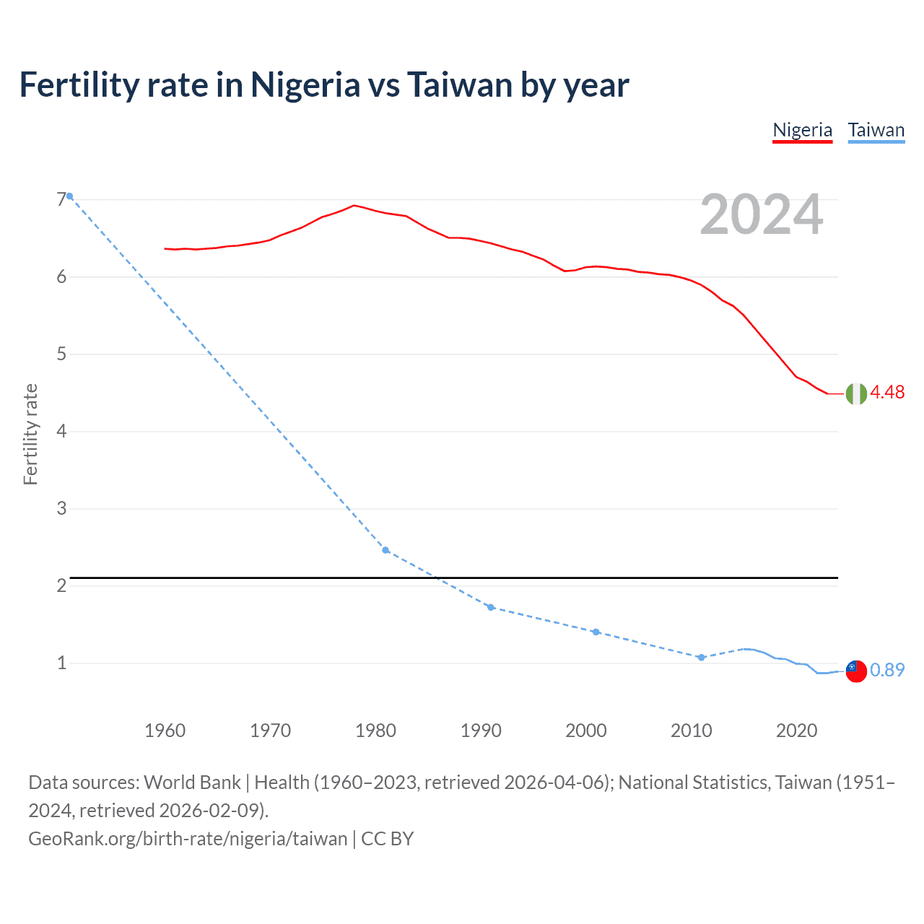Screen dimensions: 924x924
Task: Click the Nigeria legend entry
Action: coord(802,130)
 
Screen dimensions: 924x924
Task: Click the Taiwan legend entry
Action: coord(876,130)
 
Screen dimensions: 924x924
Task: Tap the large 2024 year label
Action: coord(761,214)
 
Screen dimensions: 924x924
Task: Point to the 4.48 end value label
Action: coord(887,392)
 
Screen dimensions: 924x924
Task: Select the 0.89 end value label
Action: coord(887,670)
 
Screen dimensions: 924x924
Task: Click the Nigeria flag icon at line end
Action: coord(856,393)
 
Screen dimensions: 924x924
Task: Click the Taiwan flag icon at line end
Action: coord(855,671)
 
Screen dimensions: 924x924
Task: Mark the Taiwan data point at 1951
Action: coord(69,196)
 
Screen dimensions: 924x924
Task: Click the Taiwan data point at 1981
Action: coord(385,550)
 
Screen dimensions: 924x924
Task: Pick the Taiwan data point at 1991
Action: coord(491,607)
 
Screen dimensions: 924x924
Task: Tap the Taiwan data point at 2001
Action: coord(596,632)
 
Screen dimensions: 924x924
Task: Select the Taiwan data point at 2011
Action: coord(701,657)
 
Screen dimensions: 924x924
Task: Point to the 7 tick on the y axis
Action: coord(61,199)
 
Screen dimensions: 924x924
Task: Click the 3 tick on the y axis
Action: coord(61,508)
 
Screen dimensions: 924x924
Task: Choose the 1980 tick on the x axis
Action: coord(375,731)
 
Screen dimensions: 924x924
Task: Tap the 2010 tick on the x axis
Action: coord(691,731)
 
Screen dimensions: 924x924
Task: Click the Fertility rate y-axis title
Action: coord(30,434)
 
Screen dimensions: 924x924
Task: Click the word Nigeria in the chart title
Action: coord(305,84)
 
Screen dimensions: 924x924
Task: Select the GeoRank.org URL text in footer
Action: coord(188,839)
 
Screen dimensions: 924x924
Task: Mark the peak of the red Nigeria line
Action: coord(354,205)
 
